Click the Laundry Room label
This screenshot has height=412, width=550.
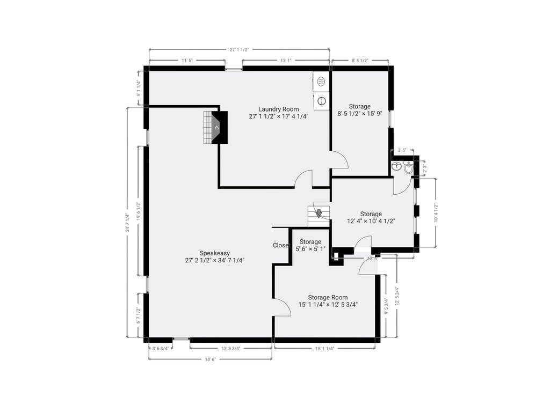(278, 109)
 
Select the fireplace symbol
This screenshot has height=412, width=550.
(215, 128)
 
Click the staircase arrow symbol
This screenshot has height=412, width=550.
(319, 214)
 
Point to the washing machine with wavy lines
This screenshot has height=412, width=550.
(321, 82)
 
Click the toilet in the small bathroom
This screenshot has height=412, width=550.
(397, 166)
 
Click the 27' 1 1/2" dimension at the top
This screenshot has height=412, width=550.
(239, 50)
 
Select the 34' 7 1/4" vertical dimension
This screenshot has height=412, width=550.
(127, 223)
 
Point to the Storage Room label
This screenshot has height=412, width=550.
(328, 297)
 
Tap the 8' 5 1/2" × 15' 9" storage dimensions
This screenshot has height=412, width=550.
(359, 114)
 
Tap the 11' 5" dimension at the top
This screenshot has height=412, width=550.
(187, 61)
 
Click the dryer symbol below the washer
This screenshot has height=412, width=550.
(321, 100)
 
